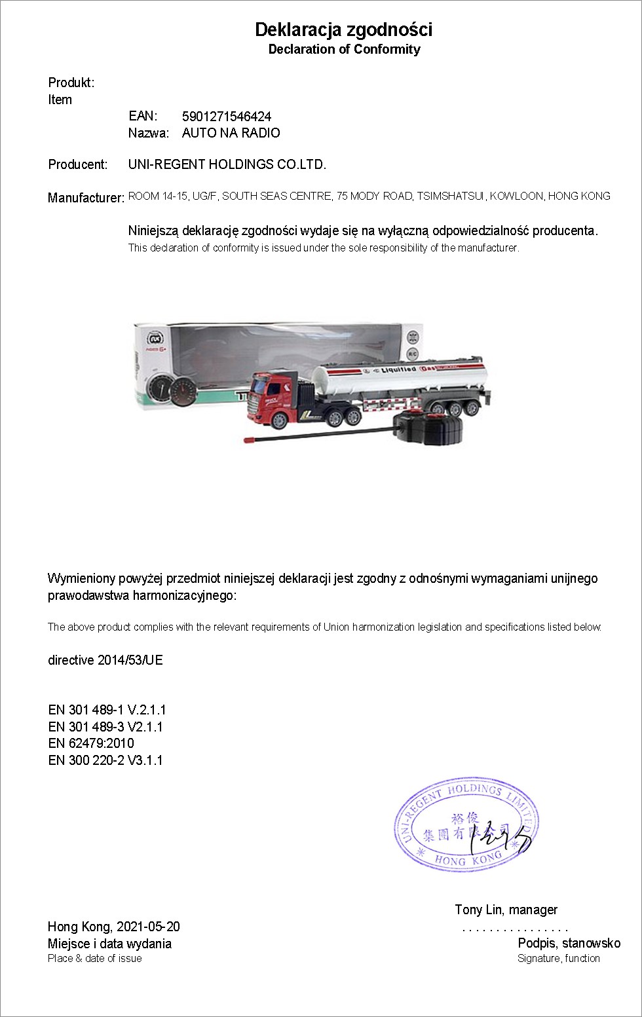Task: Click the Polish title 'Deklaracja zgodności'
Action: click(x=344, y=29)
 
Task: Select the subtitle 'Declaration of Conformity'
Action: click(x=344, y=49)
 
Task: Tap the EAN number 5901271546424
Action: click(x=227, y=117)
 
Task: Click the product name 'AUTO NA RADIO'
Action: click(x=231, y=133)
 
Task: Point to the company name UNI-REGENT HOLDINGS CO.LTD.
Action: click(x=227, y=164)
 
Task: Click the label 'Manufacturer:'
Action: click(x=86, y=198)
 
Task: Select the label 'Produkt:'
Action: click(x=71, y=83)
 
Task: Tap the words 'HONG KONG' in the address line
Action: click(x=579, y=196)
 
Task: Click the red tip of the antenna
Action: click(x=249, y=439)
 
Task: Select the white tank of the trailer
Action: click(x=400, y=378)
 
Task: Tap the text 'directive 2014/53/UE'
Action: click(x=105, y=660)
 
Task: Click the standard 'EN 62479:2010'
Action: click(x=91, y=743)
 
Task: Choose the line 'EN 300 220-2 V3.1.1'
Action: click(x=105, y=760)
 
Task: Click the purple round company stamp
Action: click(x=466, y=825)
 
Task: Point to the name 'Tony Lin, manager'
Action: click(x=506, y=910)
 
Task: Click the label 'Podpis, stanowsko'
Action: click(x=569, y=943)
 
